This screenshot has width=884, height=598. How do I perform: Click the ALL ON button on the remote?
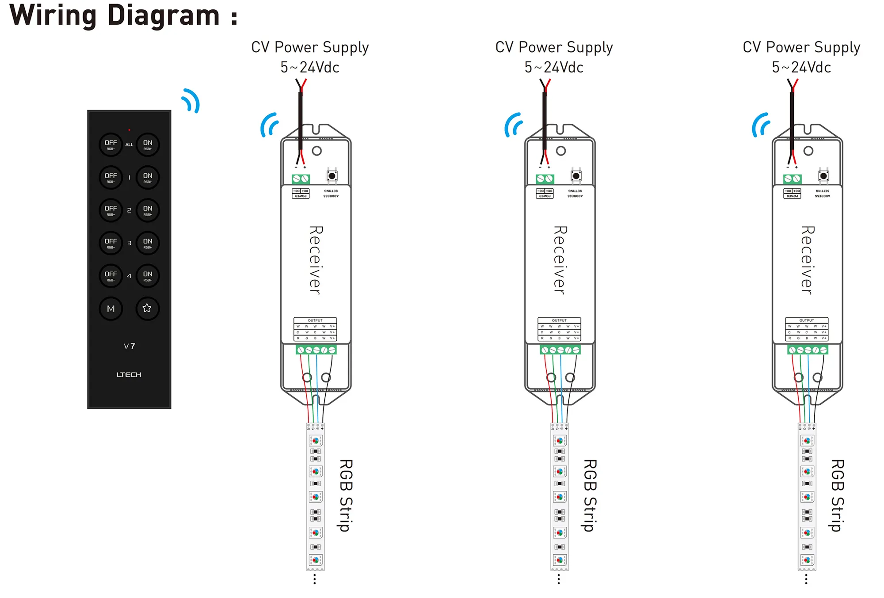[x=148, y=145]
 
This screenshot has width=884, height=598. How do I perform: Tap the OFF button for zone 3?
[x=110, y=243]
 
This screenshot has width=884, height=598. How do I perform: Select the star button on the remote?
[x=147, y=308]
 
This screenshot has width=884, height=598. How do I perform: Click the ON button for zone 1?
[x=148, y=177]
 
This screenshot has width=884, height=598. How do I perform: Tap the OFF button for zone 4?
[x=110, y=276]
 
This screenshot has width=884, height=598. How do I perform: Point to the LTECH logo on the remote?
[x=129, y=375]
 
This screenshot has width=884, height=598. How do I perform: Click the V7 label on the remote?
[x=129, y=346]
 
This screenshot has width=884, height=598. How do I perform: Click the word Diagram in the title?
[x=163, y=15]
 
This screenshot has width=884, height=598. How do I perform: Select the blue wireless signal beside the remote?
[x=191, y=101]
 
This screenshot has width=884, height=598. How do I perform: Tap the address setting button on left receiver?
[x=332, y=176]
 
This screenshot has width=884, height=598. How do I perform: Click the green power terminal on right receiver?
[x=793, y=179]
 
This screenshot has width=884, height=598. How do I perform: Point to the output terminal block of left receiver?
[x=316, y=350]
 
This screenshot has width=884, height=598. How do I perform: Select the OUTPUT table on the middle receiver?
[x=559, y=329]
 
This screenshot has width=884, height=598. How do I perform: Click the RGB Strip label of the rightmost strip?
[x=837, y=495]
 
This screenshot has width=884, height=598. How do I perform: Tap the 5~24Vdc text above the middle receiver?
[x=554, y=68]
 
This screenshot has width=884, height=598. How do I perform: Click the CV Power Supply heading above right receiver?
[x=801, y=47]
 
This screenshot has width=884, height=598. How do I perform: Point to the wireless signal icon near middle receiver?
[x=513, y=125]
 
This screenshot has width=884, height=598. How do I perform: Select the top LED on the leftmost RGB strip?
[x=316, y=441]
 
